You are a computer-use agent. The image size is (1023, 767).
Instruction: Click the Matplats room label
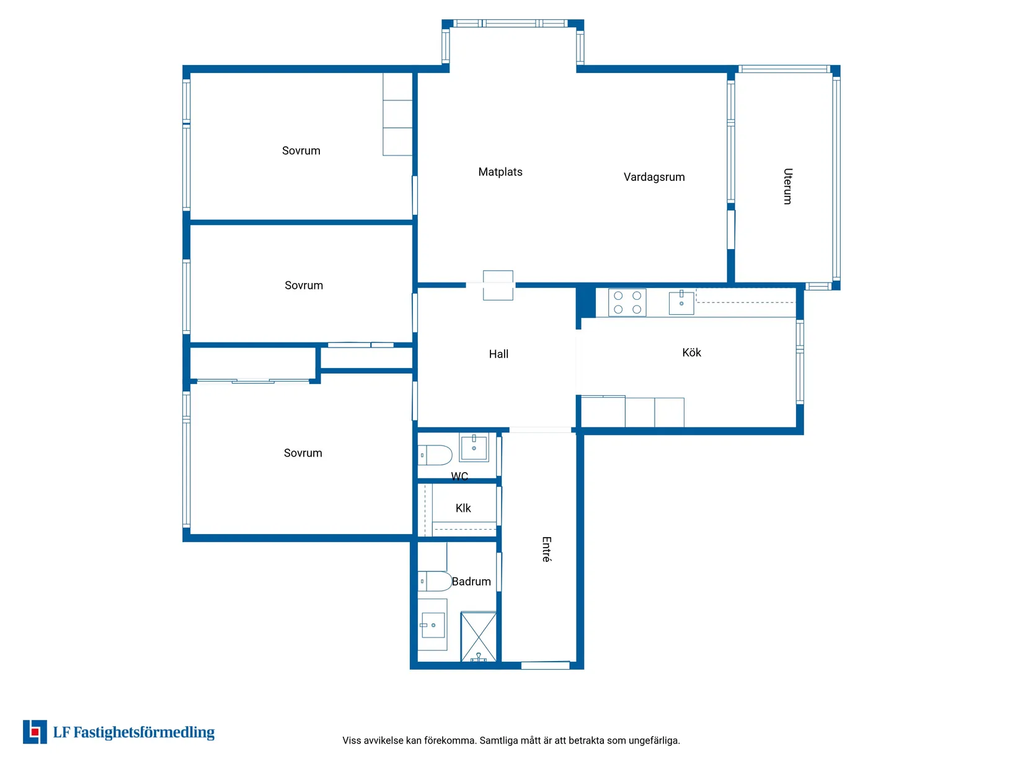500,172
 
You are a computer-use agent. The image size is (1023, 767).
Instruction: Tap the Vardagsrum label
654,177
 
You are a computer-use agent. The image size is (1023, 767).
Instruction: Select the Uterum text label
787,186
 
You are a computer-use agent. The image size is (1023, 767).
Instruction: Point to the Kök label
691,352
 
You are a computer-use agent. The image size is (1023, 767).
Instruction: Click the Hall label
498,354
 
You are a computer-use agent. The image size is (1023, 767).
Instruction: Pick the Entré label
546,550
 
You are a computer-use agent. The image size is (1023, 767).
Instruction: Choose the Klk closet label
463,508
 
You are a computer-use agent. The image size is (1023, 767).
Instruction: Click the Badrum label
471,581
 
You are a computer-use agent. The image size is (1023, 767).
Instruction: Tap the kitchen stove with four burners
627,303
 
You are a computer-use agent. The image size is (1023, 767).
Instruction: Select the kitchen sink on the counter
681,303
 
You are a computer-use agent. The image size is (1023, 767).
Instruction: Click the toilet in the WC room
435,455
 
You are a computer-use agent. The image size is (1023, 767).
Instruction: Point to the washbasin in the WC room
474,447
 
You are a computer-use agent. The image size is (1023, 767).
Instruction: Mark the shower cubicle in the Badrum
478,637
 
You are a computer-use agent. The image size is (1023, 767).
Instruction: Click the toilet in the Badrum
435,581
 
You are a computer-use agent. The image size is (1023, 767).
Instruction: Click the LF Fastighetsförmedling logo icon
35,732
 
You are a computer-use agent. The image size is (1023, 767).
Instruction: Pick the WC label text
459,476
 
